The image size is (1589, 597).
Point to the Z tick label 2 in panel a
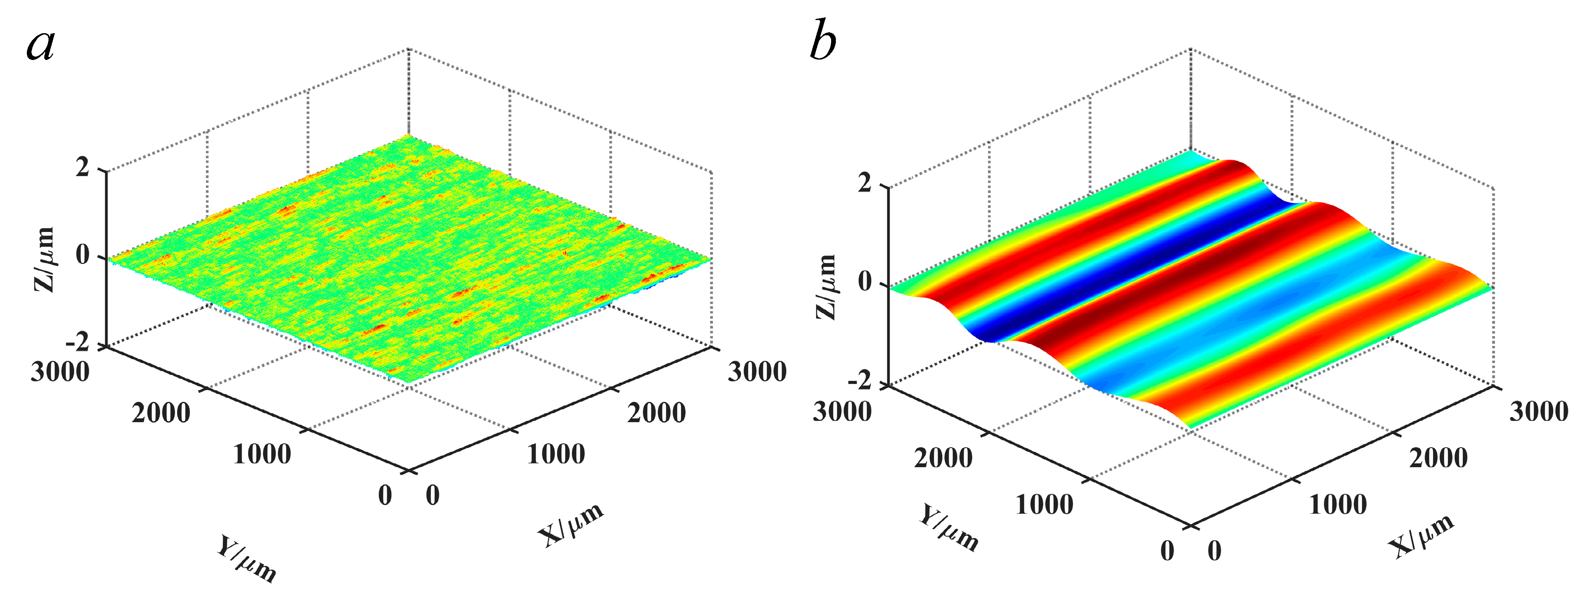pos(83,166)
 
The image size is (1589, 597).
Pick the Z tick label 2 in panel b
pos(865,183)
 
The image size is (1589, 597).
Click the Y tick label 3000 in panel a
pos(60,372)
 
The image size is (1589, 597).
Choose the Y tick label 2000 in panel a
pos(161,413)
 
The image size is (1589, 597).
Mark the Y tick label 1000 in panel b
pos(1044,505)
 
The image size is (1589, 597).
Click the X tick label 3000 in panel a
pos(757,372)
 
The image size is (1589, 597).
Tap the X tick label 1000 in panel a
pos(556,454)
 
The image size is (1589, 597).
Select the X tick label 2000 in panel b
pos(1438,458)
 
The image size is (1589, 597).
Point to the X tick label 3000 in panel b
pos(1538,411)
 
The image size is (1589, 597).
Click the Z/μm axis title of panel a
pos(43,259)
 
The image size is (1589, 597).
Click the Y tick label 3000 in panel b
pos(842,411)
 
